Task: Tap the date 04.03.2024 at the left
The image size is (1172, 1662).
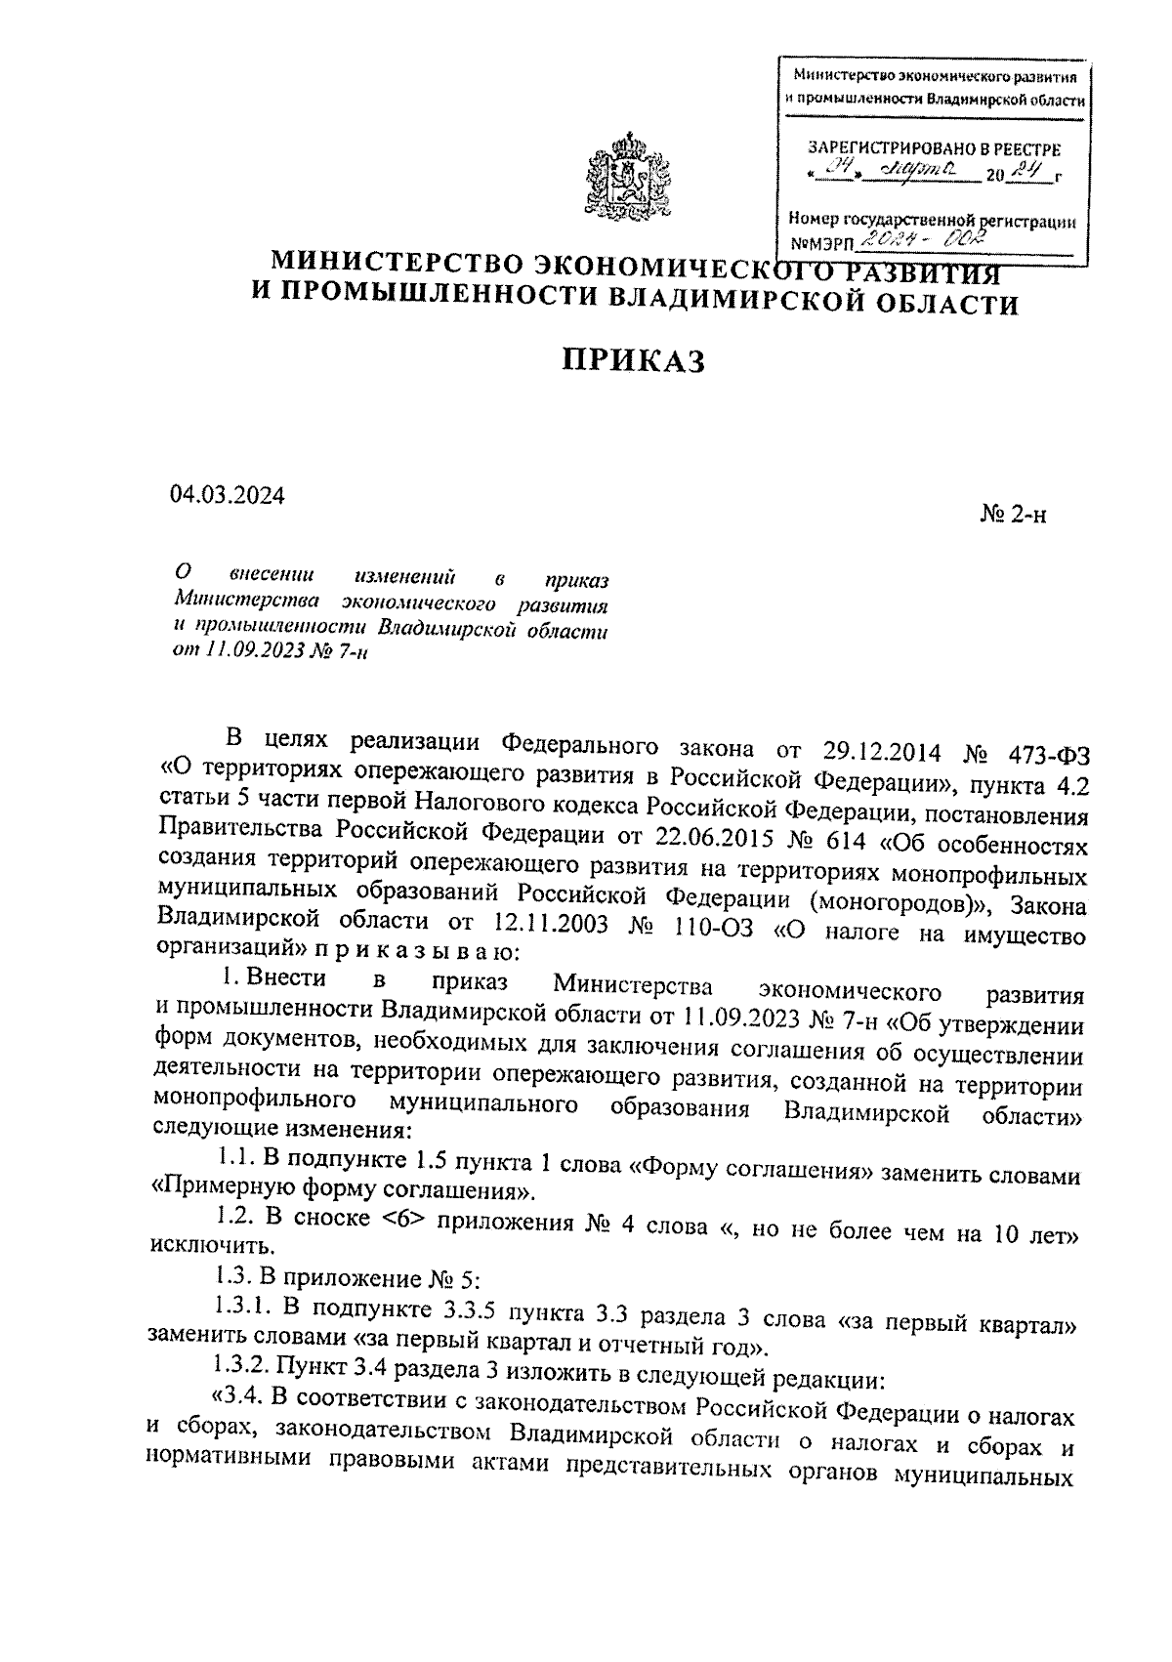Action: (227, 495)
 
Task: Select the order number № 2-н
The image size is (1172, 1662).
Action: (1012, 515)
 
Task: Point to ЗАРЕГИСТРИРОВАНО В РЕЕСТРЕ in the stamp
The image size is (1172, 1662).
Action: (933, 149)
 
